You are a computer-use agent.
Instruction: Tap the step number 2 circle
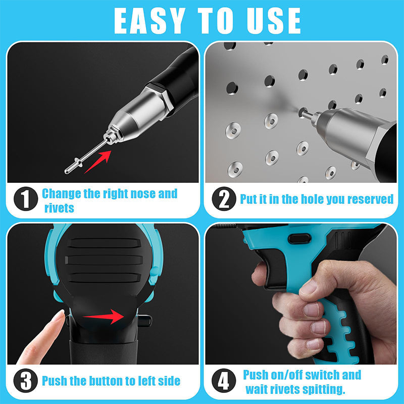[223, 199]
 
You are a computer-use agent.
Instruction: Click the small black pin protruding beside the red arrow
[144, 320]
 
